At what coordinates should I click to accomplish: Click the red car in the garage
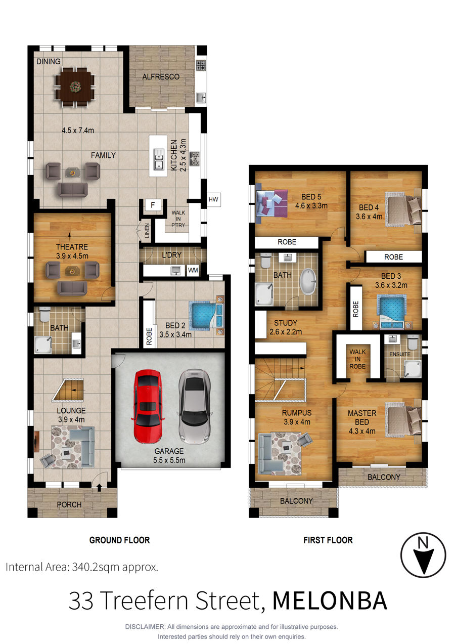coord(147,406)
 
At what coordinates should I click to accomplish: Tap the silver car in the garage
coord(195,406)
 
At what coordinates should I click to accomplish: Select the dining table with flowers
coord(75,87)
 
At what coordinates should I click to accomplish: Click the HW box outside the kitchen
coord(213,199)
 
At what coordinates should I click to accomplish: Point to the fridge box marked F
coord(153,205)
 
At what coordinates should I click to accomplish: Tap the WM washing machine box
coord(193,270)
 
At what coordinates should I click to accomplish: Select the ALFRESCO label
coord(161,77)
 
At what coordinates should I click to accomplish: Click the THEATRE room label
coord(72,247)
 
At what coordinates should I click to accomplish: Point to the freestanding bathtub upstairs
coord(308,282)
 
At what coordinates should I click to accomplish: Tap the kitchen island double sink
coord(159,159)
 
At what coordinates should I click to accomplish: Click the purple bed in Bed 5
coord(271,203)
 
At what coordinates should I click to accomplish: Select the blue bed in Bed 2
coord(206,315)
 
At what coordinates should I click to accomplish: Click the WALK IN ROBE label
coord(357,359)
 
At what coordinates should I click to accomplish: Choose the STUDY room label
coord(285,323)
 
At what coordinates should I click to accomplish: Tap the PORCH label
coord(69,504)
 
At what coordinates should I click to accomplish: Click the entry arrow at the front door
coord(100,487)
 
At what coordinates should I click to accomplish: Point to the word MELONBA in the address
coord(330,601)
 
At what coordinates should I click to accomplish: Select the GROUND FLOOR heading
coord(119,540)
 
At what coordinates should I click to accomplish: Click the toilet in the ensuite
coord(413,341)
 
